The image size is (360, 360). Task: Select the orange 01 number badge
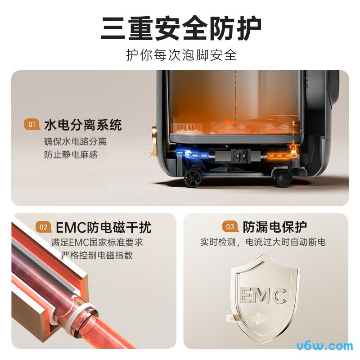[x=31, y=125]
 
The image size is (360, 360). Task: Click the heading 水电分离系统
[x=83, y=125]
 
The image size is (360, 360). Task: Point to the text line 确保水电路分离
[x=75, y=141]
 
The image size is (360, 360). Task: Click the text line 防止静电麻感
[x=71, y=154]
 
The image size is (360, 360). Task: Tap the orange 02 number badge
[x=43, y=227]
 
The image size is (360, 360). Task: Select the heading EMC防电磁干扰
[x=103, y=227]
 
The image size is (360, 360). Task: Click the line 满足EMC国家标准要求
[x=97, y=243]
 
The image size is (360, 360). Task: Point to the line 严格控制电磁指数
[x=97, y=255]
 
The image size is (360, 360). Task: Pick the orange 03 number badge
[x=230, y=227]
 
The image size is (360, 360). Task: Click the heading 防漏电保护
[x=274, y=227]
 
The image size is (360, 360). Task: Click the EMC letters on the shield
[x=263, y=296]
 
